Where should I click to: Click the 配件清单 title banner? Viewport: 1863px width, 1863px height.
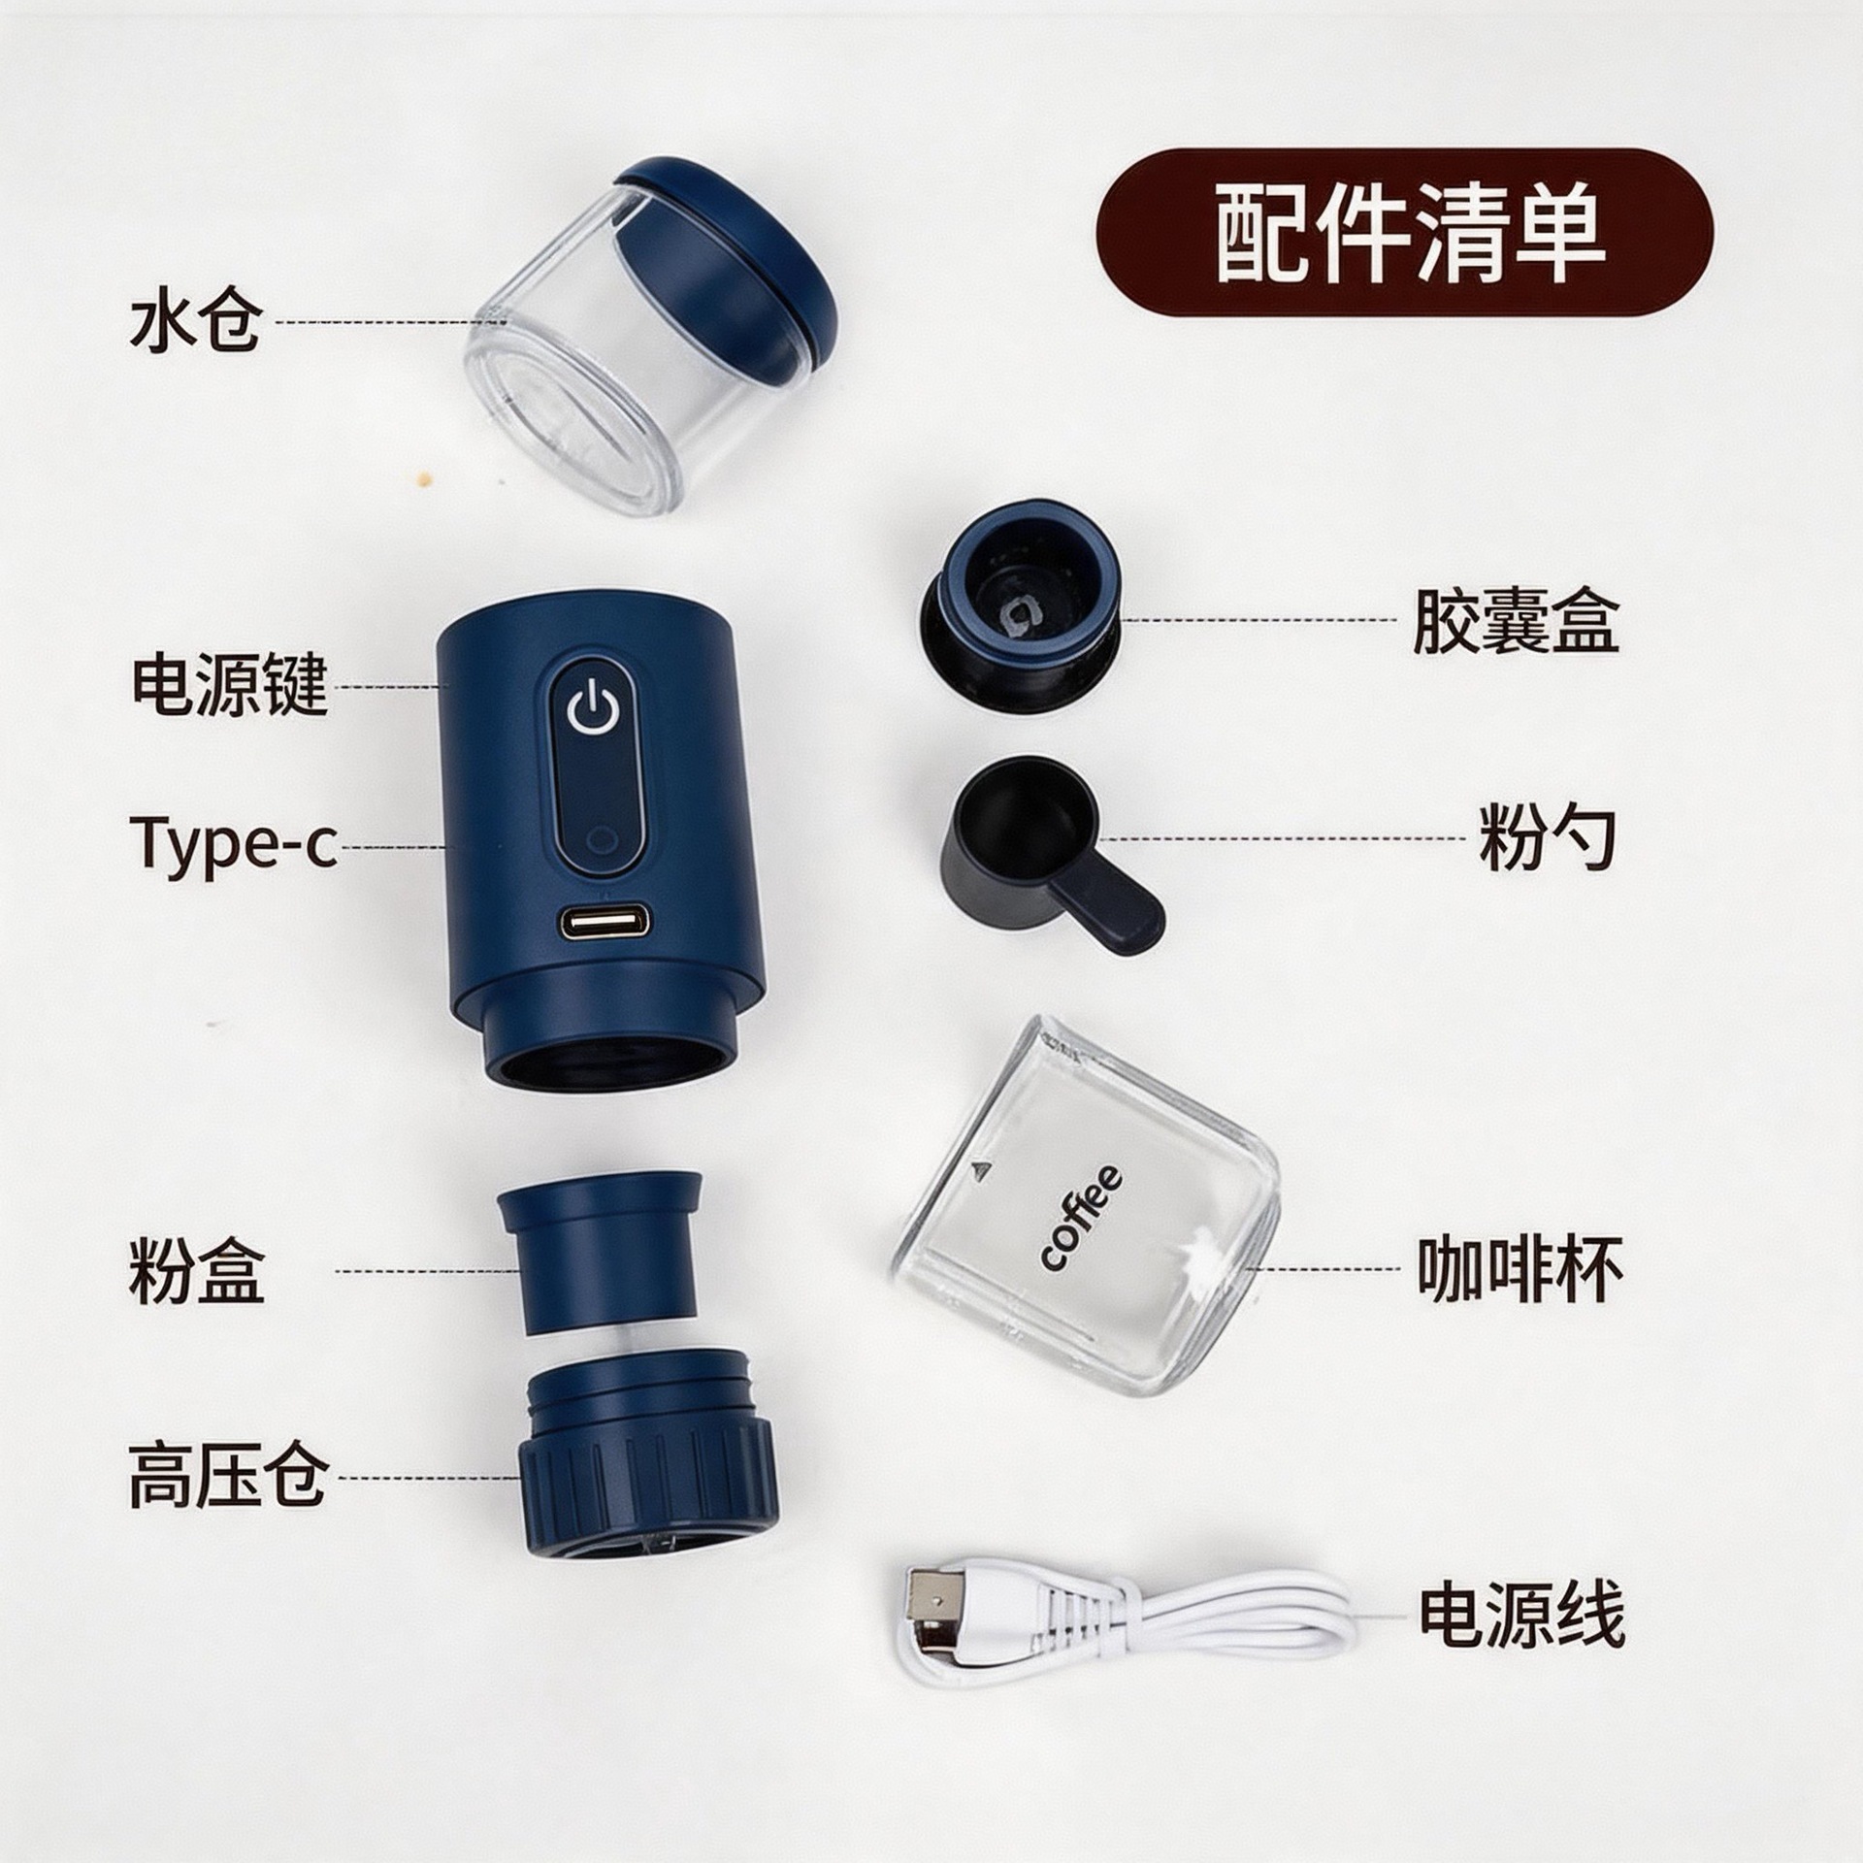1404,232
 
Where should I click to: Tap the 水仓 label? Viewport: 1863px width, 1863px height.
195,321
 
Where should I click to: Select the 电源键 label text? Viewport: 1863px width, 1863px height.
230,685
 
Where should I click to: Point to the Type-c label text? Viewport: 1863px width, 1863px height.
233,845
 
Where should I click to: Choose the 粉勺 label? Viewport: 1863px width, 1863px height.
1547,836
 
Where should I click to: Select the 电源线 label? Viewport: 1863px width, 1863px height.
1521,1615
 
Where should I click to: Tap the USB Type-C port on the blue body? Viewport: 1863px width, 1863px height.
604,923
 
